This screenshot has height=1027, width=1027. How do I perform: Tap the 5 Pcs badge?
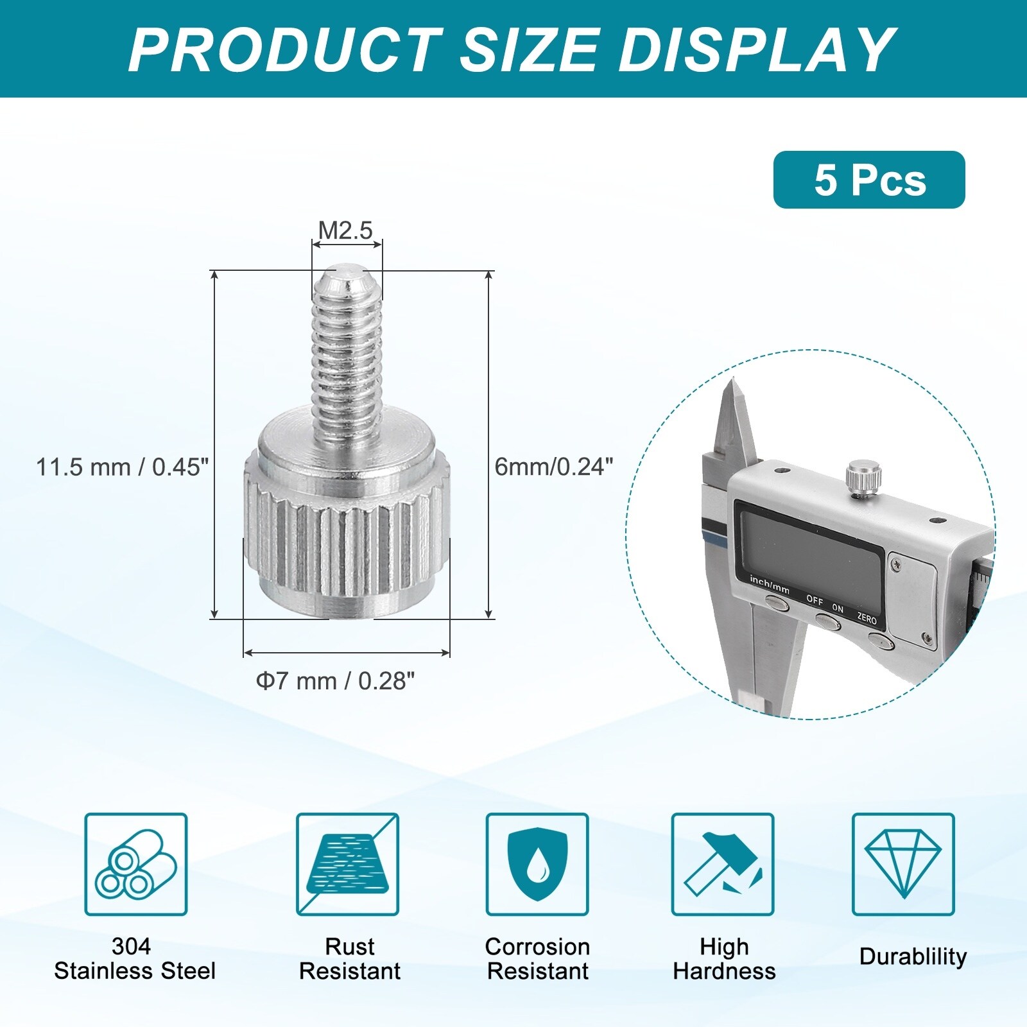click(869, 180)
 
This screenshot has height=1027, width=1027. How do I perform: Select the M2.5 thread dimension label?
click(346, 230)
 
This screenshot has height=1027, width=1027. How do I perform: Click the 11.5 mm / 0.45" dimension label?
click(123, 467)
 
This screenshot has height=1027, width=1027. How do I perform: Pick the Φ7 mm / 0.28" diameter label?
click(336, 680)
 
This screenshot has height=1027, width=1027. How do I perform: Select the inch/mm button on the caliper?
click(775, 602)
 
